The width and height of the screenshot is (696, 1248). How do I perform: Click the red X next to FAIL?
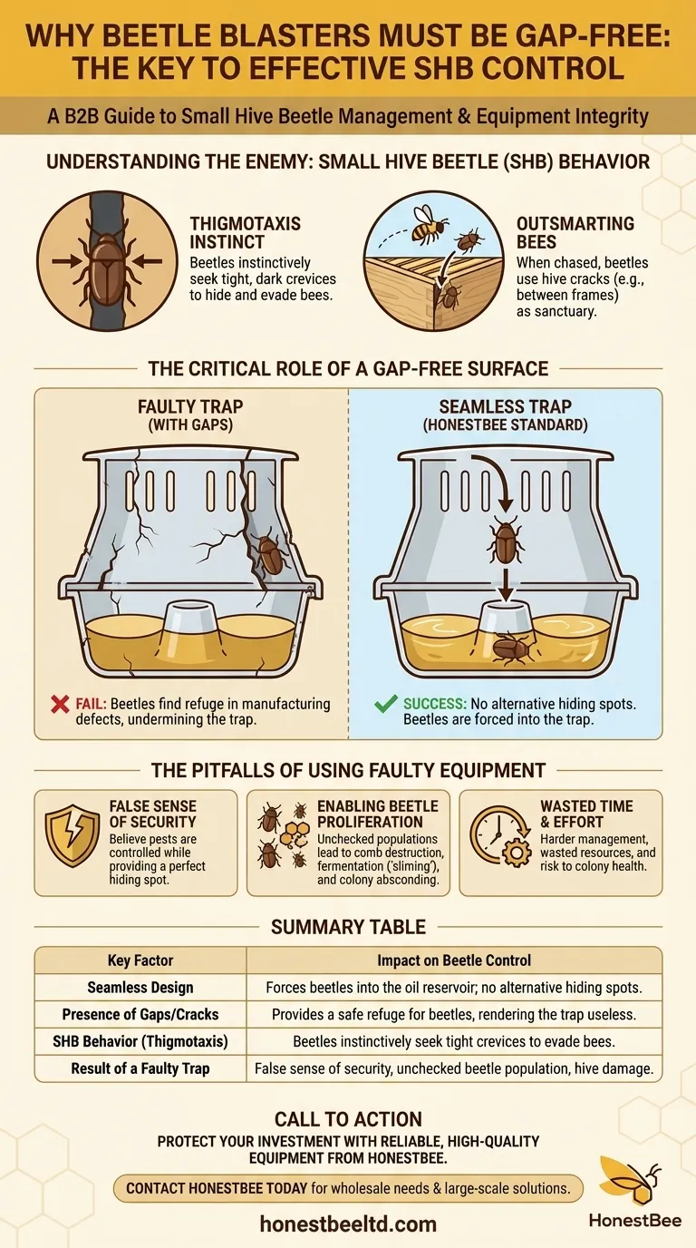pyautogui.click(x=60, y=704)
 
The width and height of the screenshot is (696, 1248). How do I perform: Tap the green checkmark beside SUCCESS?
pyautogui.click(x=386, y=704)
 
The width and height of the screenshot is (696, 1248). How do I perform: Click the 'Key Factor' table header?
pyautogui.click(x=140, y=960)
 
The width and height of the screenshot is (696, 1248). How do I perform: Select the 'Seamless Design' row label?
pyautogui.click(x=140, y=988)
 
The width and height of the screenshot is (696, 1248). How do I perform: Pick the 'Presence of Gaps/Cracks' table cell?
pyautogui.click(x=140, y=1014)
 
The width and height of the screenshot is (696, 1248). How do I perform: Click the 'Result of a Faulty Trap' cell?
pyautogui.click(x=140, y=1068)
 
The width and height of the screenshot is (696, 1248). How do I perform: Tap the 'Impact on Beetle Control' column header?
pyautogui.click(x=454, y=960)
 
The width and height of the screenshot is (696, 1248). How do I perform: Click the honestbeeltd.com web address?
pyautogui.click(x=348, y=1224)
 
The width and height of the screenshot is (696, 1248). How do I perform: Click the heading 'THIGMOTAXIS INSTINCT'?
pyautogui.click(x=245, y=233)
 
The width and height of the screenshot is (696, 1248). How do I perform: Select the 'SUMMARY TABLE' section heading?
pyautogui.click(x=348, y=927)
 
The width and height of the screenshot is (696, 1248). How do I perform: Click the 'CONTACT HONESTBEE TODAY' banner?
pyautogui.click(x=348, y=1188)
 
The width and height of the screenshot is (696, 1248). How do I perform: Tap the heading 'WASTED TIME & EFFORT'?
pyautogui.click(x=586, y=814)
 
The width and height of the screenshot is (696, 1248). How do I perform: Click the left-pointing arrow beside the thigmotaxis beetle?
pyautogui.click(x=148, y=259)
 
